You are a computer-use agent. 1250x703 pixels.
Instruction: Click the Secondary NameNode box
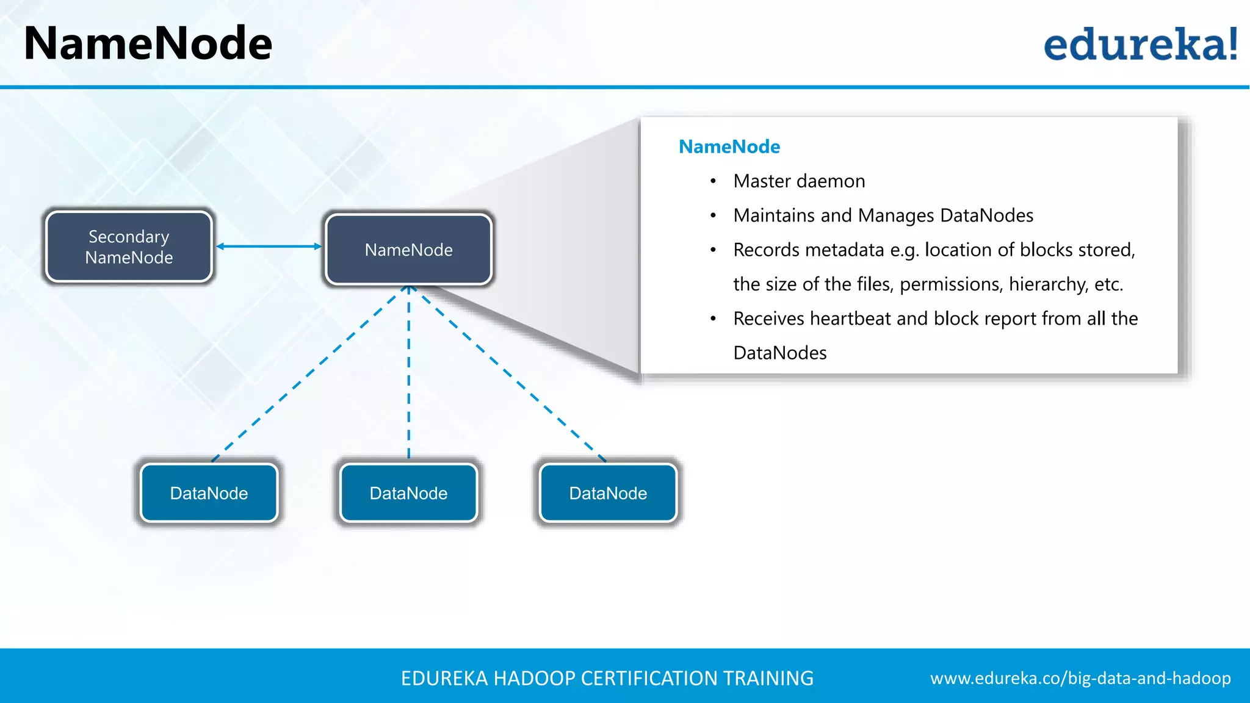click(129, 247)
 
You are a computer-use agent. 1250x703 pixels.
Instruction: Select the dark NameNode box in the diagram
click(408, 250)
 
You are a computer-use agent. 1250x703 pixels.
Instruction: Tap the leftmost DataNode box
click(209, 493)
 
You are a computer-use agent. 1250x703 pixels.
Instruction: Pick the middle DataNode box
click(408, 493)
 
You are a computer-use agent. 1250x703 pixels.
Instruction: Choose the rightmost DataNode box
click(608, 493)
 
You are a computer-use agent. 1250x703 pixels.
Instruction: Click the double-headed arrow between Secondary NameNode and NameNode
click(269, 247)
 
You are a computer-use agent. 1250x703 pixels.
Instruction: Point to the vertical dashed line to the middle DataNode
click(409, 372)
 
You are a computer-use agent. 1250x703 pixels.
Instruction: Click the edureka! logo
click(1140, 45)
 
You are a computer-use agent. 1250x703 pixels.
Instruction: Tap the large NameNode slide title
click(148, 44)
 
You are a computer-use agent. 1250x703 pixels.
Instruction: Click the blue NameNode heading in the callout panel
click(729, 146)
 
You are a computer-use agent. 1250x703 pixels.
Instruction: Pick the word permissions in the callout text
click(951, 284)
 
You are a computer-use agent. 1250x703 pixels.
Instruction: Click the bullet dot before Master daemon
click(713, 181)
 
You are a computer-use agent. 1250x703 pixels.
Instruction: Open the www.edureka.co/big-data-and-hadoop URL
click(1080, 678)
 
